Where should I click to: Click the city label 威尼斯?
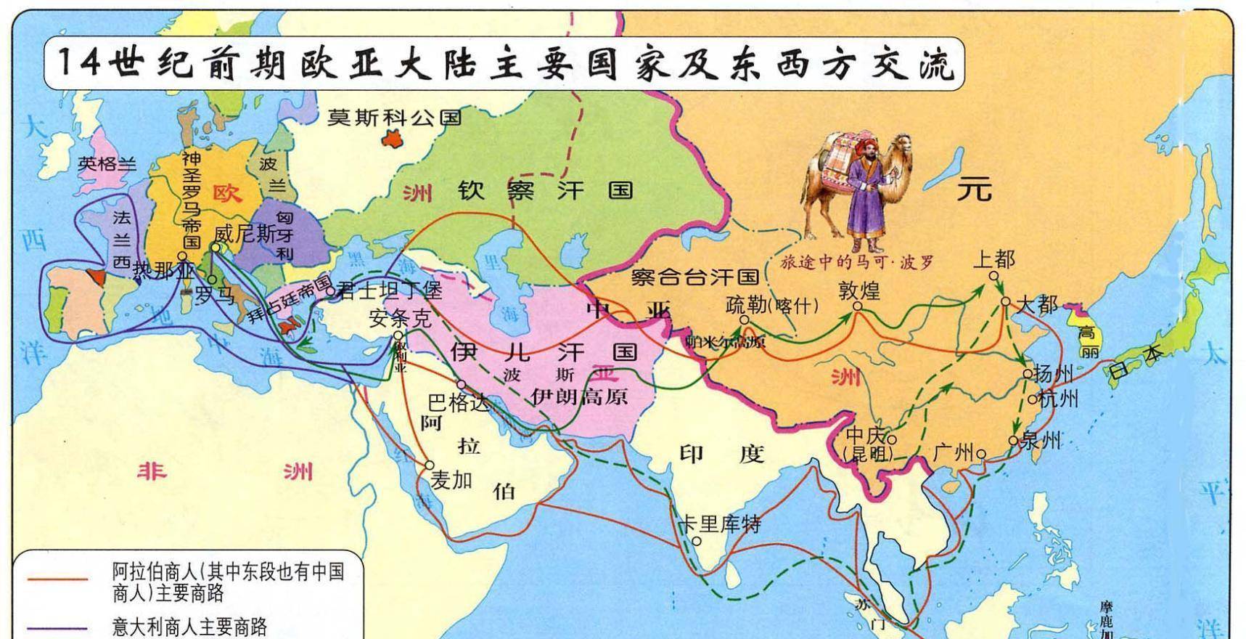pyautogui.click(x=245, y=234)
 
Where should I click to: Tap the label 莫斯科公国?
pyautogui.click(x=394, y=118)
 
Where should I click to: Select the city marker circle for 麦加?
pyautogui.click(x=430, y=465)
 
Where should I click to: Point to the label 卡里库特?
pyautogui.click(x=718, y=524)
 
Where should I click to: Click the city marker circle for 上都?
pyautogui.click(x=993, y=276)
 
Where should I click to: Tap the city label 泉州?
pyautogui.click(x=1041, y=440)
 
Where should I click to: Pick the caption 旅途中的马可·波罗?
pyautogui.click(x=857, y=263)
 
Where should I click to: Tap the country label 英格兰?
pyautogui.click(x=107, y=164)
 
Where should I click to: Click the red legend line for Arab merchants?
pyautogui.click(x=57, y=579)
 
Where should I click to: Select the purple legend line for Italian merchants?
pyautogui.click(x=57, y=627)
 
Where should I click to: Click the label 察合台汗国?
pyautogui.click(x=694, y=277)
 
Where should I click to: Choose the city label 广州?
pyautogui.click(x=954, y=453)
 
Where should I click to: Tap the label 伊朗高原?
pyautogui.click(x=579, y=396)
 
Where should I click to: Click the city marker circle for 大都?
pyautogui.click(x=1005, y=301)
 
